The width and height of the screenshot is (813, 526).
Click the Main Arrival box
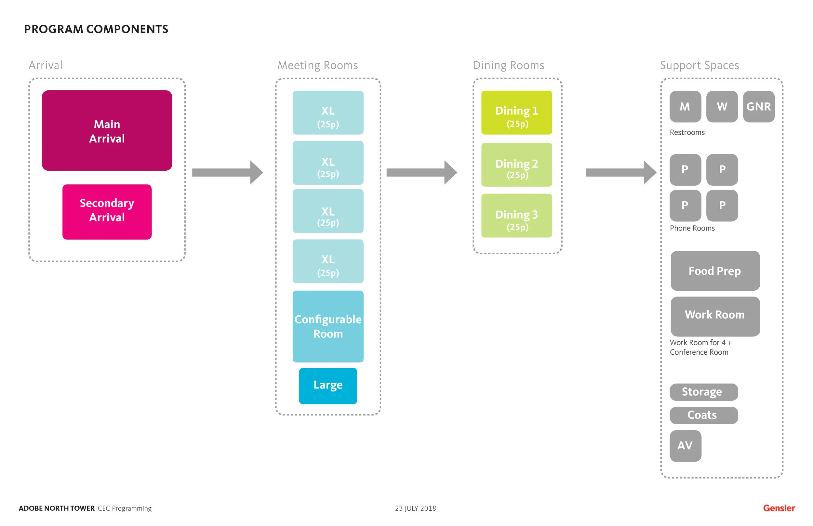[x=107, y=130]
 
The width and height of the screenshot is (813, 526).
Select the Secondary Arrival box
[x=107, y=212]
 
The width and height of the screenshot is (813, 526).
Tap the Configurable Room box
[x=328, y=326]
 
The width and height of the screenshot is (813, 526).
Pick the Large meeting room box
[x=328, y=386]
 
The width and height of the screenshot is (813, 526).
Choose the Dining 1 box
[x=516, y=112]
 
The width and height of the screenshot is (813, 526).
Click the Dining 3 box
[x=516, y=216]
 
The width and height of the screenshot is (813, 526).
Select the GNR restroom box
[x=758, y=107]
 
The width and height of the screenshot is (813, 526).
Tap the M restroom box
[x=685, y=107]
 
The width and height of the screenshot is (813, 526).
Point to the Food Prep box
[x=715, y=271]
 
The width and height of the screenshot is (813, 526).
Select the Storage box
[x=704, y=392]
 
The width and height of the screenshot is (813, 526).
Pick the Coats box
[x=704, y=415]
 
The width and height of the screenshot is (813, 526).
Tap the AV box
[x=685, y=446]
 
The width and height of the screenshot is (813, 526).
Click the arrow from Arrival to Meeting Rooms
[x=227, y=173]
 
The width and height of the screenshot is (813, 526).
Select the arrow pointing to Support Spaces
[x=620, y=173]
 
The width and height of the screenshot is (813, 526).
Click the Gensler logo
[x=779, y=508]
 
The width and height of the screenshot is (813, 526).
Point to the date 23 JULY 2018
[x=415, y=508]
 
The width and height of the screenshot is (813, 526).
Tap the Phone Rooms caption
[x=692, y=228]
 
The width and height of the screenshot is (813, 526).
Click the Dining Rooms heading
[x=508, y=65]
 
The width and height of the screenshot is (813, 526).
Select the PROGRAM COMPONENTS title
[x=96, y=29]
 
